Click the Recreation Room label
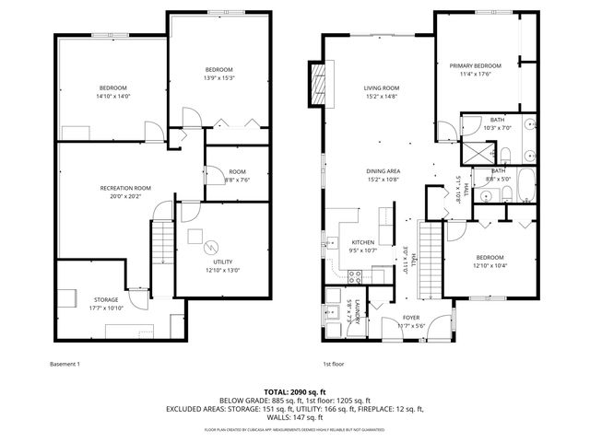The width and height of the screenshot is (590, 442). [x=125, y=188]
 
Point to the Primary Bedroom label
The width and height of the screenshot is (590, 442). [x=476, y=66]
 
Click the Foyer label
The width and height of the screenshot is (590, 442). [x=410, y=318]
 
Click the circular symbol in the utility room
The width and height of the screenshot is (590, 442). [x=210, y=246]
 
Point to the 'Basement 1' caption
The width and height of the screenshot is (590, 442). [x=65, y=364]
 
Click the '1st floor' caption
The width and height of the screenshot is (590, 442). [x=334, y=364]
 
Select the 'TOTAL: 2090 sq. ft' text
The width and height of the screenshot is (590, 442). [x=295, y=392]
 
